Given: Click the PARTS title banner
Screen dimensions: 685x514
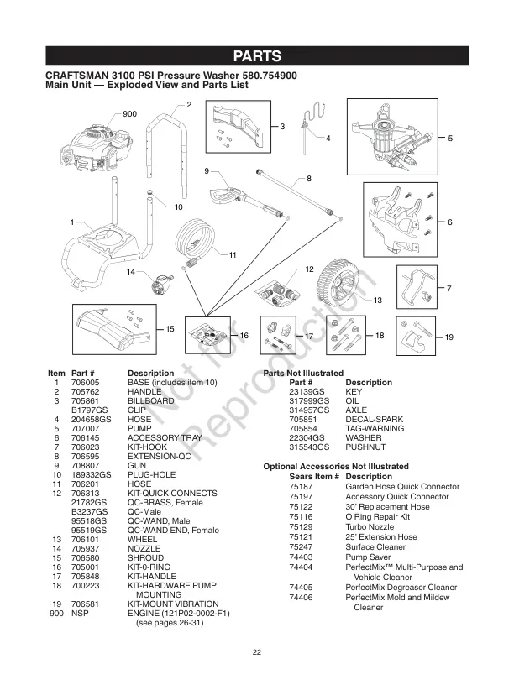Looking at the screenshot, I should pos(257,56).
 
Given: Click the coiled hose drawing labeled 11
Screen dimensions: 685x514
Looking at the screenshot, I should pos(200,239).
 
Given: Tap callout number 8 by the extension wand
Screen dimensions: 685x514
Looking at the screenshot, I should pos(309,179).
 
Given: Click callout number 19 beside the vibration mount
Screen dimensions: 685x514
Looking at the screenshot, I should pos(449,337).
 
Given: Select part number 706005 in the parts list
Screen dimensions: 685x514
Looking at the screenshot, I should pos(86,382).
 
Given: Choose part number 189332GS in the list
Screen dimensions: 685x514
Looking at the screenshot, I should pos(91,474).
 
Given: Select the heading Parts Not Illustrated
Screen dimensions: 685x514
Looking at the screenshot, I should pos(303,373).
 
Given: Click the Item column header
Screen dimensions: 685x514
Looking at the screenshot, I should pos(56,373).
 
